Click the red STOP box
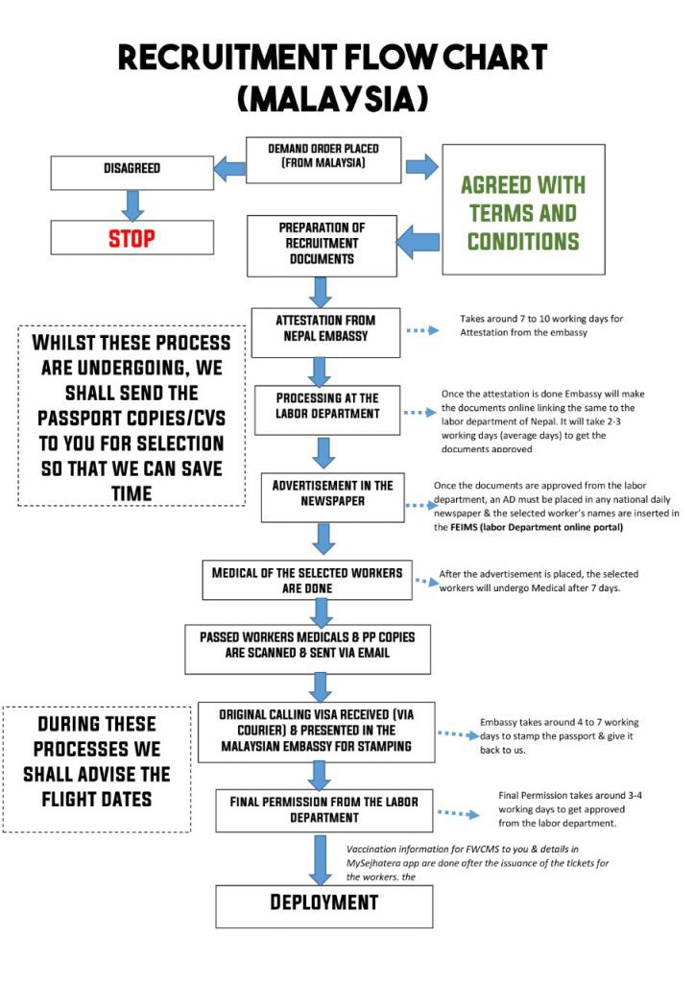point(132,237)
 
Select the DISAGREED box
point(132,169)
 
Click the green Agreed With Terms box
point(523,212)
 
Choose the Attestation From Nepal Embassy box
point(325,327)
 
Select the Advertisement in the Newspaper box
point(332,495)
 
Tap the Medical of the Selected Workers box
point(307,579)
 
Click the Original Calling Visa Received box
point(316,731)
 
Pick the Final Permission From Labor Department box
point(323,809)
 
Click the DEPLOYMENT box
point(324,903)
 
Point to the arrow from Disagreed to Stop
point(132,204)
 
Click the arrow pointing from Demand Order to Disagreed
point(228,170)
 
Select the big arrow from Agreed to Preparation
point(417,240)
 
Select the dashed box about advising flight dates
point(97,770)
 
